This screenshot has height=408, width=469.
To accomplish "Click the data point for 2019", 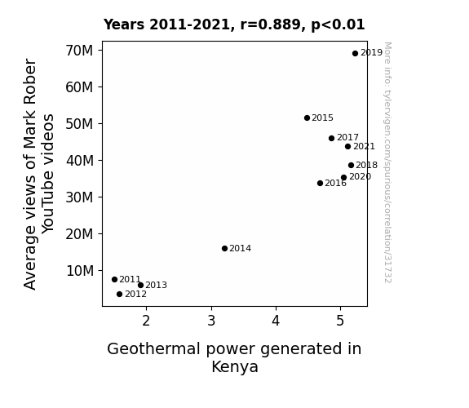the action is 355,54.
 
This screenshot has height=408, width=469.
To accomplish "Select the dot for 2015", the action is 307,118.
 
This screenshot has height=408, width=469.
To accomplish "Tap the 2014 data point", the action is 224,248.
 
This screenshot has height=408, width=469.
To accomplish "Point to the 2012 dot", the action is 119,295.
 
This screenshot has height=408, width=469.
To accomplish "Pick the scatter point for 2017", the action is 331,138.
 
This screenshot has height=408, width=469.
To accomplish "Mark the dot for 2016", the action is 320,184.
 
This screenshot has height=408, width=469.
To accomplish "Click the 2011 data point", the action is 114,280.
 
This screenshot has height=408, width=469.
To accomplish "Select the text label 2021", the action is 364,146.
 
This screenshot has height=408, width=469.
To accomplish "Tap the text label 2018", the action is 367,165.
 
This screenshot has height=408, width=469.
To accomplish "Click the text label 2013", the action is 156,286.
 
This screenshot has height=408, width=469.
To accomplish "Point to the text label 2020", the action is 361,176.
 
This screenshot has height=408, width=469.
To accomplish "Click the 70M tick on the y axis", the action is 79,51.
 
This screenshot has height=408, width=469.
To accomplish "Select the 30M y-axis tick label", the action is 79,197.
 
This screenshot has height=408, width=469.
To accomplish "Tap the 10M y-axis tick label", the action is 80,271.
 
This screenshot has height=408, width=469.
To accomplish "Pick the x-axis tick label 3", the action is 211,321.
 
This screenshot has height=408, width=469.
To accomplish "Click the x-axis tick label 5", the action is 340,321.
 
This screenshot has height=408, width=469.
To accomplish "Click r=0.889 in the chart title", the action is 272,24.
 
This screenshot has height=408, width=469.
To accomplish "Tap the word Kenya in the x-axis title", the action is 235,366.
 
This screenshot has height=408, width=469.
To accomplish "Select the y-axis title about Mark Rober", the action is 38,174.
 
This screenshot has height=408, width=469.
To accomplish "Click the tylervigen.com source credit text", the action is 387,162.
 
